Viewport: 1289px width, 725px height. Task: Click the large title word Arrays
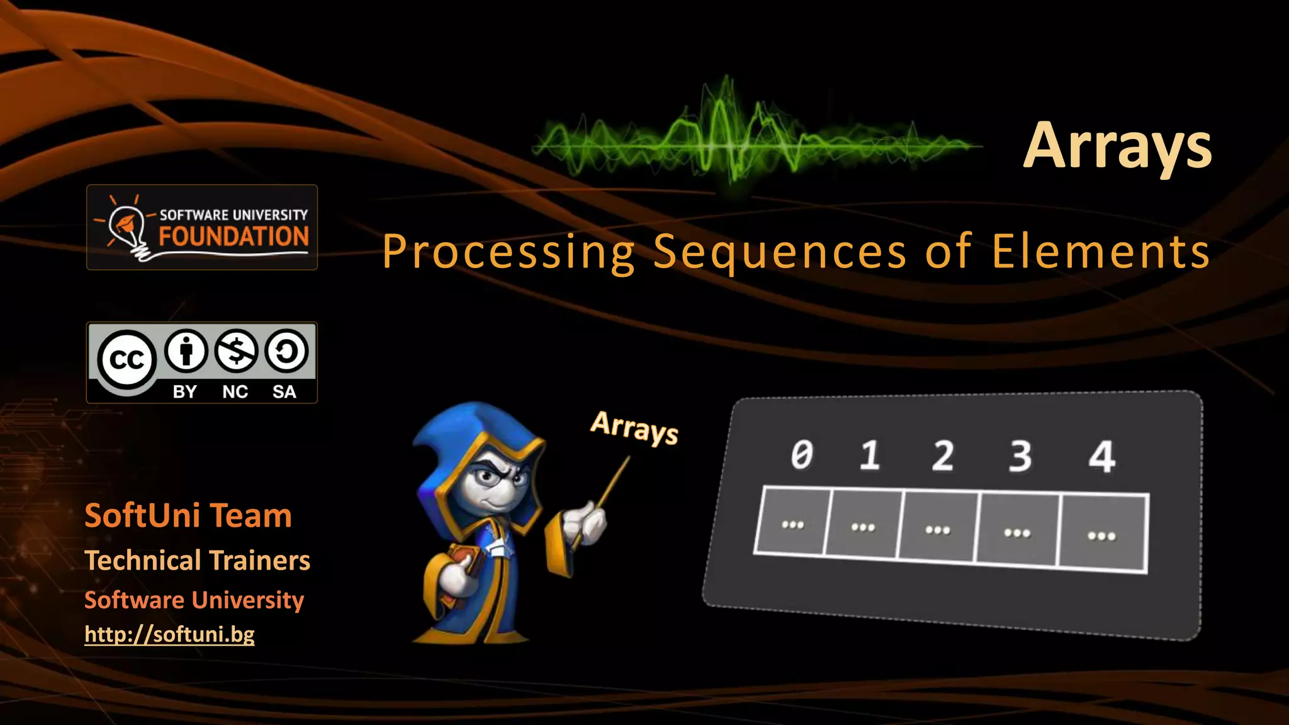(1117, 146)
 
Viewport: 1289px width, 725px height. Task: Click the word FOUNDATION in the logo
(234, 237)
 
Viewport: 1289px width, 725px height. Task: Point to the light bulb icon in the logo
(126, 225)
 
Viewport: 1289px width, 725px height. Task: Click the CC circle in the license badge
(127, 360)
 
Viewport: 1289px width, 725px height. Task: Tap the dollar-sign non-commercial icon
(235, 351)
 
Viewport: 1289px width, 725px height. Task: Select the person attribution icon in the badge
(186, 351)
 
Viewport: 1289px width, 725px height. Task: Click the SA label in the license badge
(284, 391)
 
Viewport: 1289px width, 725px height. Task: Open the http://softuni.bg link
(169, 634)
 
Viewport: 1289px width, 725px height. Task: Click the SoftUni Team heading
(188, 515)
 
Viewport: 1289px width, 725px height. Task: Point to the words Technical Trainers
(197, 560)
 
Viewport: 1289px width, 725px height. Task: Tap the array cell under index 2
(938, 527)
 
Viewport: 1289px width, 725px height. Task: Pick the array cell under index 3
(1017, 531)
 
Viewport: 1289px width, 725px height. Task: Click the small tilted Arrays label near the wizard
(634, 428)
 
